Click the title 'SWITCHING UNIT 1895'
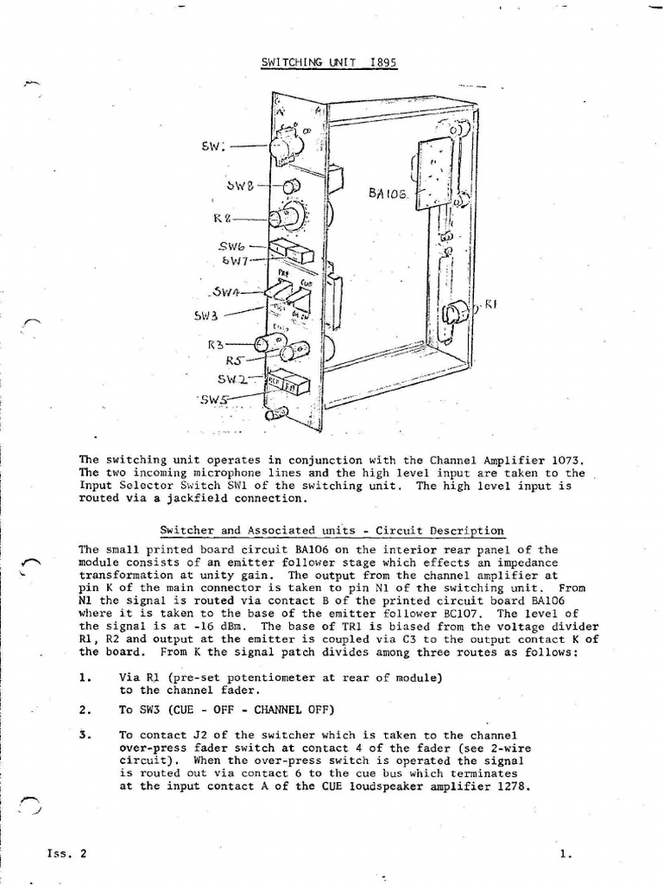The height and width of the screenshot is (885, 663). tap(329, 62)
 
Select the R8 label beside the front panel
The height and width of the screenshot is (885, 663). tap(224, 218)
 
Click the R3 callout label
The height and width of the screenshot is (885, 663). tap(216, 344)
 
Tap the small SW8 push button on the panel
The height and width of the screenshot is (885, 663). tap(292, 186)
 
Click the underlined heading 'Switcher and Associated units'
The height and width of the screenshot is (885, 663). tap(332, 530)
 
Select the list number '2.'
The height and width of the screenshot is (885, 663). tap(85, 710)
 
